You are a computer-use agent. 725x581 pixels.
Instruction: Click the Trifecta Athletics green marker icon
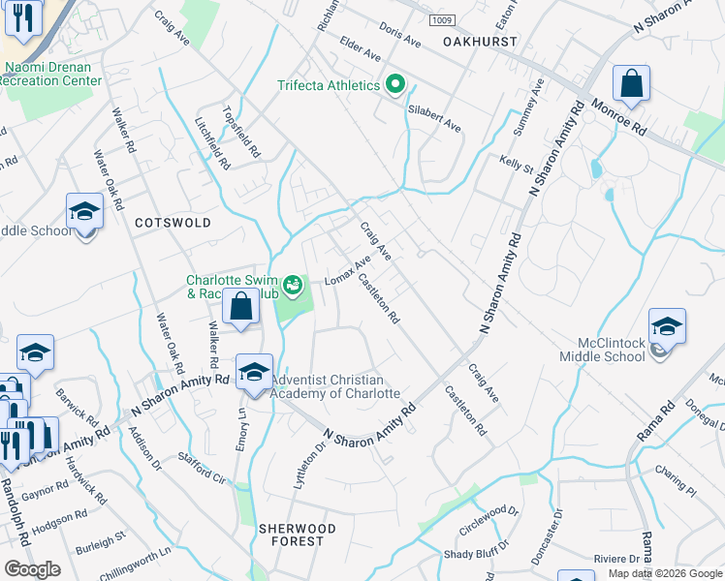pos(394,85)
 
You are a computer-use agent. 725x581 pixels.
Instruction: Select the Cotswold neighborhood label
pos(173,223)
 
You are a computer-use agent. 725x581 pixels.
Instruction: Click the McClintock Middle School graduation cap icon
pos(667,328)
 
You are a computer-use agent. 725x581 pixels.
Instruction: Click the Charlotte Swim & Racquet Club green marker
pos(293,285)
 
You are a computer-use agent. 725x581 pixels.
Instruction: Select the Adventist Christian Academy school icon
pos(254,372)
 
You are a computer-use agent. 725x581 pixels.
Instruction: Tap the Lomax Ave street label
pos(348,271)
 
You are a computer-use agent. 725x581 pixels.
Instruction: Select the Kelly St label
pos(517,164)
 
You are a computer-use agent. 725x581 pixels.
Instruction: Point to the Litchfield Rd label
pos(212,144)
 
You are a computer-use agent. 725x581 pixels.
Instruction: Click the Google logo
pos(32,569)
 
